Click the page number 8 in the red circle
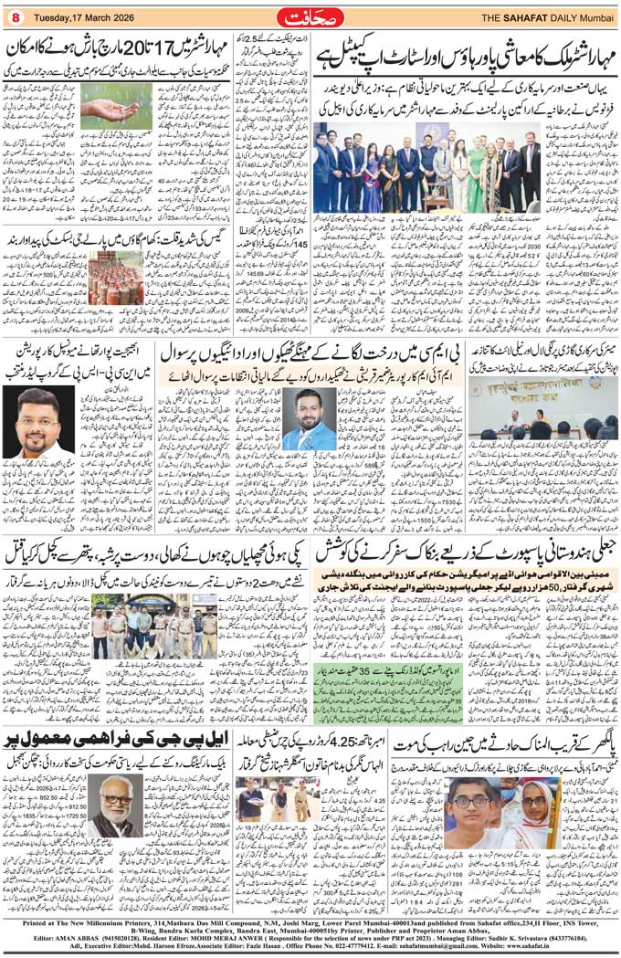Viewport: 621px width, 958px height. click(x=16, y=16)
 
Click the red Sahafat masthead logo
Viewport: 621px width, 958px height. click(x=311, y=16)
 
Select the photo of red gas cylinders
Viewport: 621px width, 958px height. click(x=116, y=278)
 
